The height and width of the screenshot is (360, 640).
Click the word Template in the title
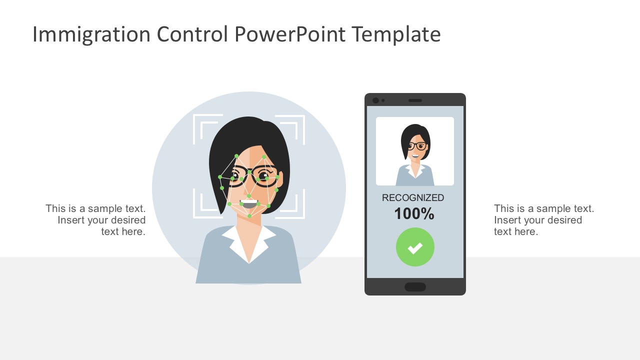tap(396, 34)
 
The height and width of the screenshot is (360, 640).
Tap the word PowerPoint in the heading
tap(289, 34)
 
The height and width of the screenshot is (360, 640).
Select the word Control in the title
tap(192, 34)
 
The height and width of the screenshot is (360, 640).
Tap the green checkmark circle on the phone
tap(415, 247)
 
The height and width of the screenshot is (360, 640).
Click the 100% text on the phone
tap(414, 214)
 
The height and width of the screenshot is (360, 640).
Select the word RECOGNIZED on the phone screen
tap(413, 198)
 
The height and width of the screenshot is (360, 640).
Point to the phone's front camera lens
tap(375, 100)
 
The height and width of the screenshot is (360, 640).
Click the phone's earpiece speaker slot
tap(415, 100)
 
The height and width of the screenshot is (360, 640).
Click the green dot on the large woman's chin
tap(249, 216)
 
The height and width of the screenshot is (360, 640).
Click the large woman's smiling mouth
tap(248, 204)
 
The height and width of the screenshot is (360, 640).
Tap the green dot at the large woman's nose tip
tap(248, 195)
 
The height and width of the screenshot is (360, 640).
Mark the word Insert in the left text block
tap(70, 220)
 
